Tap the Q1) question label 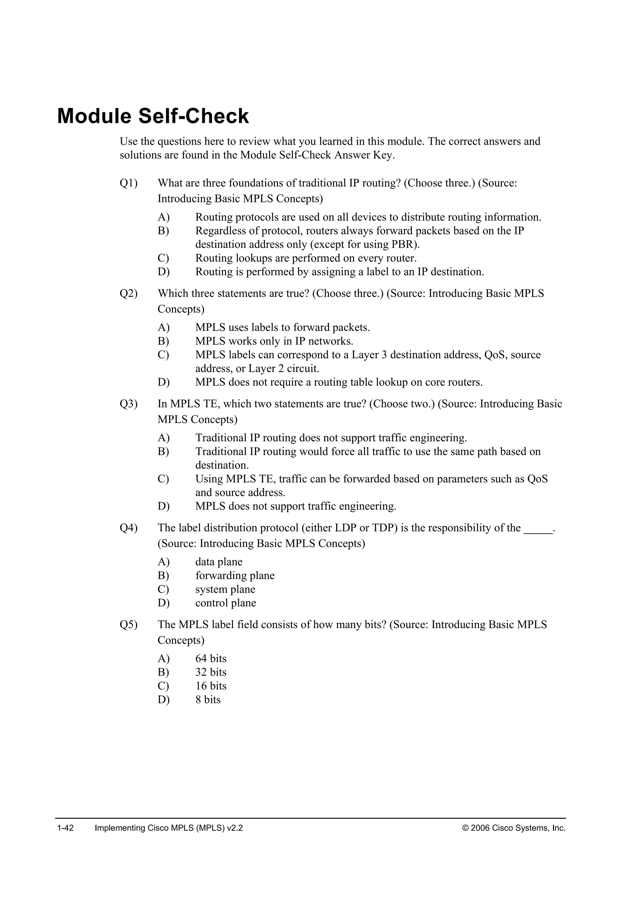pyautogui.click(x=129, y=183)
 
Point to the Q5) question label pyautogui.click(x=129, y=625)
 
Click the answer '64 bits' pyautogui.click(x=211, y=659)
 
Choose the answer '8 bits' pyautogui.click(x=208, y=699)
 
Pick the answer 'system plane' pyautogui.click(x=225, y=589)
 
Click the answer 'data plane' pyautogui.click(x=219, y=562)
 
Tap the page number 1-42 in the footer pyautogui.click(x=65, y=828)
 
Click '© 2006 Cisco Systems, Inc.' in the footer pyautogui.click(x=514, y=828)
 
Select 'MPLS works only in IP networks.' pyautogui.click(x=274, y=341)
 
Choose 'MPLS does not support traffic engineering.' pyautogui.click(x=296, y=507)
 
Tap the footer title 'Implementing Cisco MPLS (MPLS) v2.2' pyautogui.click(x=169, y=828)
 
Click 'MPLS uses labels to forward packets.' pyautogui.click(x=282, y=328)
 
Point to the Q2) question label pyautogui.click(x=129, y=294)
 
